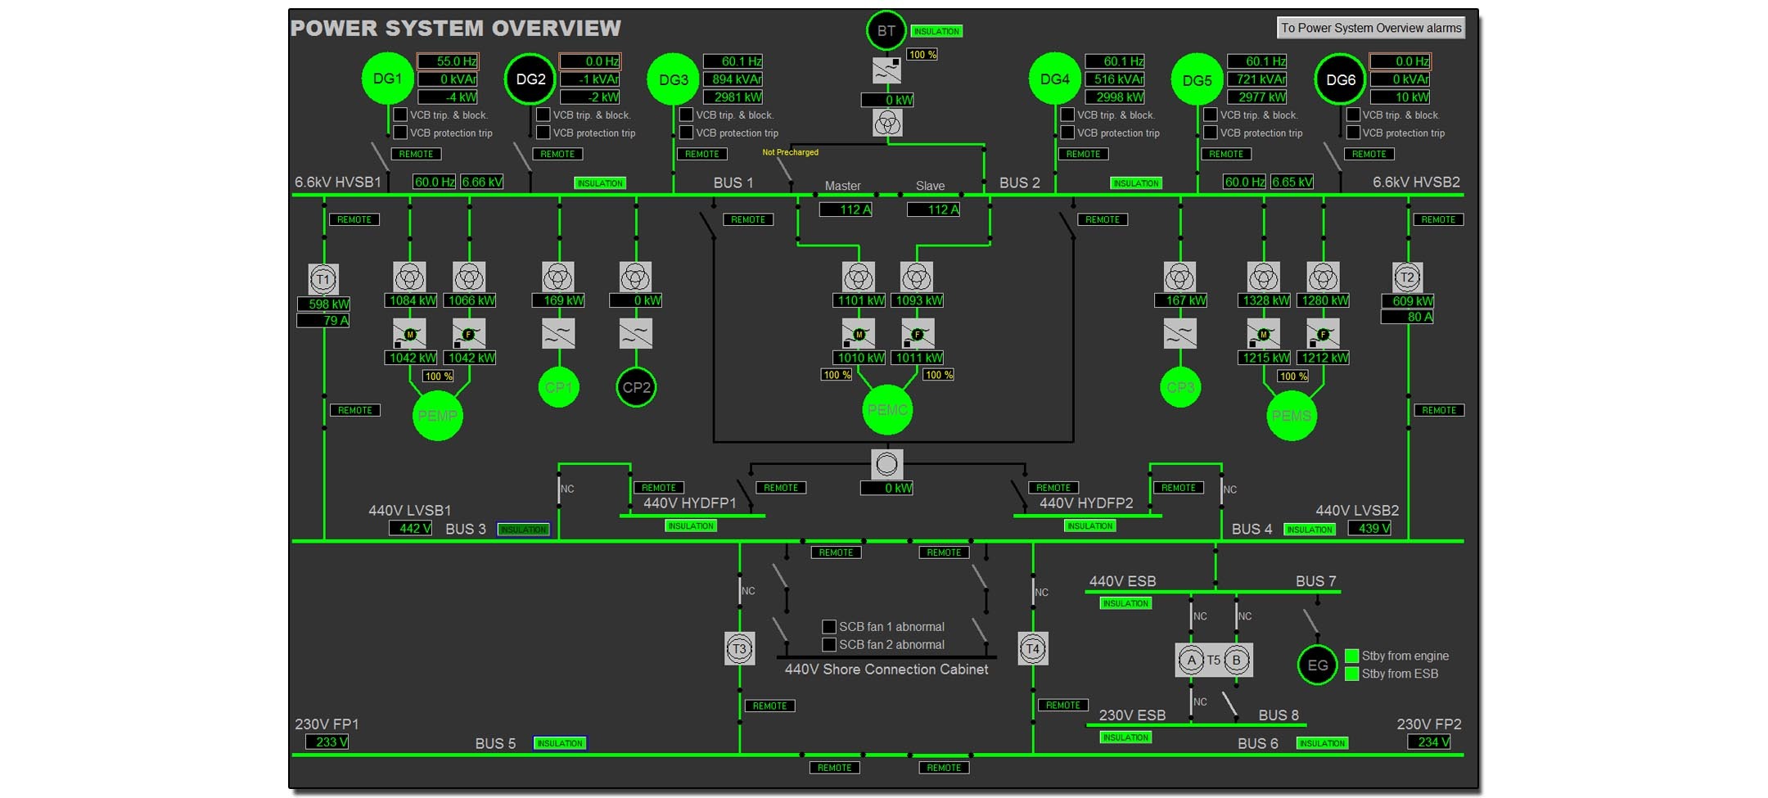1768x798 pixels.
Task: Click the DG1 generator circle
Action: tap(387, 79)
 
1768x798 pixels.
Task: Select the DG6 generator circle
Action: tap(1340, 79)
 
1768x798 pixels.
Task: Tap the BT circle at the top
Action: tap(886, 31)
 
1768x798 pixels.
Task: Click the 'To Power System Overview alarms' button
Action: tap(1370, 28)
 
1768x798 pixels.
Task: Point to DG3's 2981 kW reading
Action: tap(733, 97)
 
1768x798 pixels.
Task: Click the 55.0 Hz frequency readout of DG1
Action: tap(448, 61)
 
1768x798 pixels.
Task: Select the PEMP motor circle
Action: tap(437, 416)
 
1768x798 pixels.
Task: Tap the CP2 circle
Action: tap(636, 387)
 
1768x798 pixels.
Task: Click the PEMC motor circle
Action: tap(887, 410)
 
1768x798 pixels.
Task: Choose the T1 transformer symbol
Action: tap(323, 279)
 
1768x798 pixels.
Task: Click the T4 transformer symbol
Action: tap(1032, 649)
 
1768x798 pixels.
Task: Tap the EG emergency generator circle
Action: tap(1317, 665)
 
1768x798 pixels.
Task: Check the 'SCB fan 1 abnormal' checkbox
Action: tap(829, 627)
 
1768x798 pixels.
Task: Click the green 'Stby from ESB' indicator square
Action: tap(1351, 674)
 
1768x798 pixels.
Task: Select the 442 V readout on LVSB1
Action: tap(410, 529)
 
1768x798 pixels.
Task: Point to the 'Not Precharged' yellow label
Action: tap(790, 152)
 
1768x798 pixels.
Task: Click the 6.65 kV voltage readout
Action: tap(1292, 182)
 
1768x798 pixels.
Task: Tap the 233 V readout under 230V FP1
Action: tap(327, 742)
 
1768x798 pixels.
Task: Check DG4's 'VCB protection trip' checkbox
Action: tap(1067, 133)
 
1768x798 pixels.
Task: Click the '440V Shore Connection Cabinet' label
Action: tap(886, 670)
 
